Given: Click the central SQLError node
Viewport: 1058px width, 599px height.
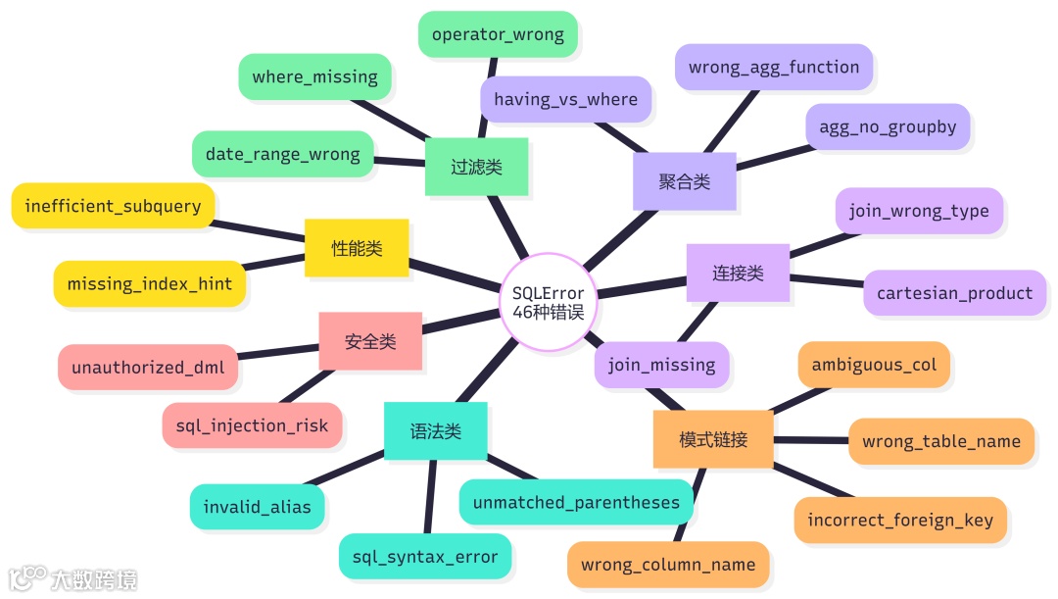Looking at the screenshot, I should click(x=549, y=301).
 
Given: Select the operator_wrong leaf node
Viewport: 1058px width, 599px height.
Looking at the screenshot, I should click(x=498, y=34).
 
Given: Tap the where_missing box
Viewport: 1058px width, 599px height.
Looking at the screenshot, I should click(x=314, y=76).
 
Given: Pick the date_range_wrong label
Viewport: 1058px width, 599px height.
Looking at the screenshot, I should click(x=282, y=154).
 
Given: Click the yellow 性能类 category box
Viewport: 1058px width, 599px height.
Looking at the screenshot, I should click(x=357, y=248).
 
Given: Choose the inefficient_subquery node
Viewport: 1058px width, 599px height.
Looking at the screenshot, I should click(x=113, y=206).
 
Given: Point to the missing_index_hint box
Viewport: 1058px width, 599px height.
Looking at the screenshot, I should click(x=149, y=284).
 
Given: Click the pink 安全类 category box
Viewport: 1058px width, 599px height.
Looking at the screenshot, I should click(x=370, y=341).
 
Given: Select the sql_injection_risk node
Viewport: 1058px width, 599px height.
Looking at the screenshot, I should click(x=252, y=426).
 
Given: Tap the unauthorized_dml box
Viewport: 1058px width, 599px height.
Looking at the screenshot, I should click(x=148, y=368).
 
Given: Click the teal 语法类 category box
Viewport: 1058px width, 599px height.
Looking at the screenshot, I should click(x=435, y=431).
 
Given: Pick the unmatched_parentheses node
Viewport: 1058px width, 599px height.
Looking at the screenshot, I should click(x=576, y=503).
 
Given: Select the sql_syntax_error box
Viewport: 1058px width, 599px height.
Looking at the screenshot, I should click(x=425, y=557).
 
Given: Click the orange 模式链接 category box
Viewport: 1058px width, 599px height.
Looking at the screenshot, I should click(x=713, y=439).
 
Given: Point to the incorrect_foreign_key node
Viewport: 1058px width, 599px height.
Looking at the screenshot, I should click(x=899, y=520).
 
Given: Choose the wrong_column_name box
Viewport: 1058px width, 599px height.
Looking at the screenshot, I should click(x=668, y=565).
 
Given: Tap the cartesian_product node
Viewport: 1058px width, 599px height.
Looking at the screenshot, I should click(x=954, y=293).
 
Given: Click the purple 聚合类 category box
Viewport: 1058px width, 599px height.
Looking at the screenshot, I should click(x=684, y=181).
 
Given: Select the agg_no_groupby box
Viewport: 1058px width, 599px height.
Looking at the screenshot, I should click(x=888, y=127).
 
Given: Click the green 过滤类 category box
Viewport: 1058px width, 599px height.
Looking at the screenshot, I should click(x=476, y=168).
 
